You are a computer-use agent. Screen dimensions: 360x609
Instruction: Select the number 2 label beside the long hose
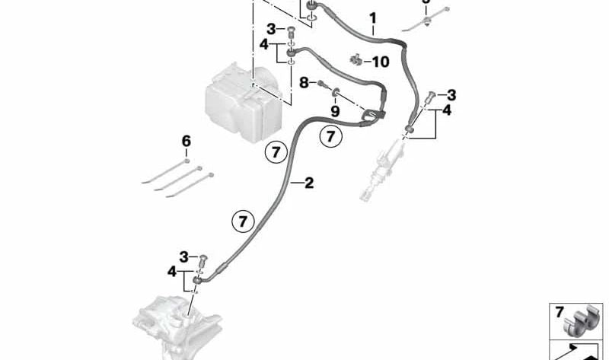[308, 183]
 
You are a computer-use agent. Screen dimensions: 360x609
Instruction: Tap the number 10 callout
[379, 61]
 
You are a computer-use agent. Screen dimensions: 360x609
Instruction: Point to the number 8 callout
[303, 81]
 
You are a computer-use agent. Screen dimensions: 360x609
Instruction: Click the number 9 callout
[335, 111]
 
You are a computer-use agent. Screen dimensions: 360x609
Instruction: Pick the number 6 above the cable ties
[186, 141]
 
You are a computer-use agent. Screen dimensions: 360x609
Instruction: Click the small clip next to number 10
[354, 59]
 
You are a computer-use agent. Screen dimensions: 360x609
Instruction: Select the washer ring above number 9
[335, 95]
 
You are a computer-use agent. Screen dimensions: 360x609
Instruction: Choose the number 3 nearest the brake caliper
[183, 256]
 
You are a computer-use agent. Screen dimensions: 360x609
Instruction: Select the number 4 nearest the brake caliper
[173, 271]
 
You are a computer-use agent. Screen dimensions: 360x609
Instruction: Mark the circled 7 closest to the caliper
[241, 221]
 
